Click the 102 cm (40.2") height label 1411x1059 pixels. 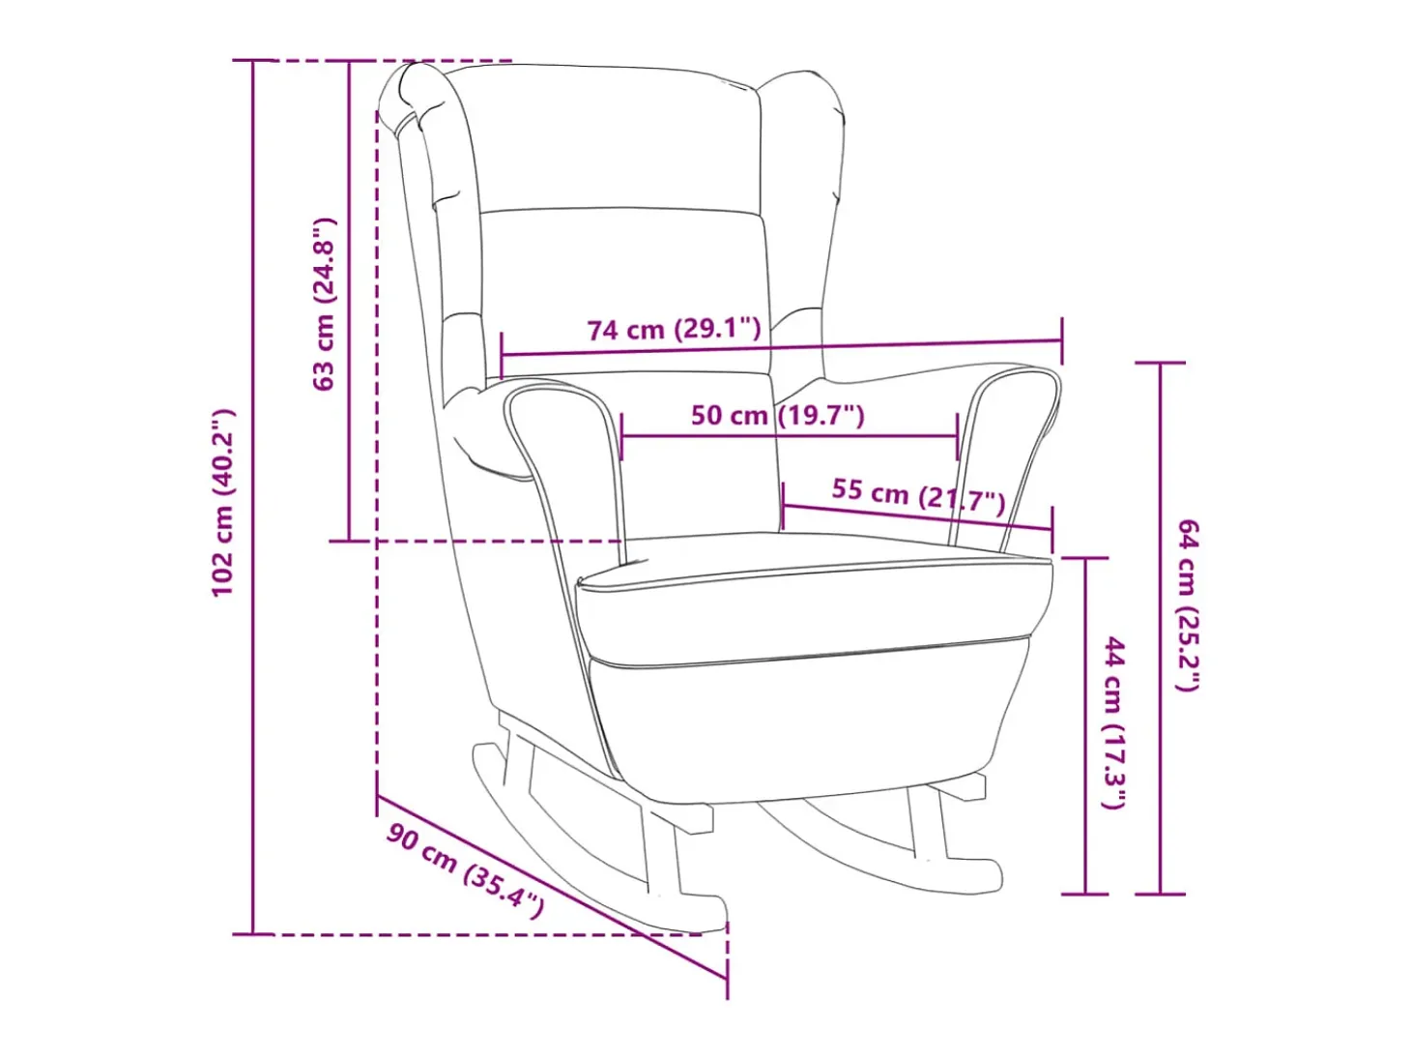pos(224,502)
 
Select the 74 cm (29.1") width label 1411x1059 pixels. pos(674,330)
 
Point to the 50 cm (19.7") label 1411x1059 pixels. pos(778,415)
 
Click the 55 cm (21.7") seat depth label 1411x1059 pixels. pos(918,496)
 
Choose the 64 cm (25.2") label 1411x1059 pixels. pos(1188,605)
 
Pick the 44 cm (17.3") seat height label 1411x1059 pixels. pos(1114,722)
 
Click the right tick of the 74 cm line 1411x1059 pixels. pos(1062,340)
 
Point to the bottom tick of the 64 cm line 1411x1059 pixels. pos(1161,894)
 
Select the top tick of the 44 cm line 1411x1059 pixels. pos(1085,558)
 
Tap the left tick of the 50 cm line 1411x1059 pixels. pos(622,436)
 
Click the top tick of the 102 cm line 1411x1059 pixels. pos(253,61)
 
